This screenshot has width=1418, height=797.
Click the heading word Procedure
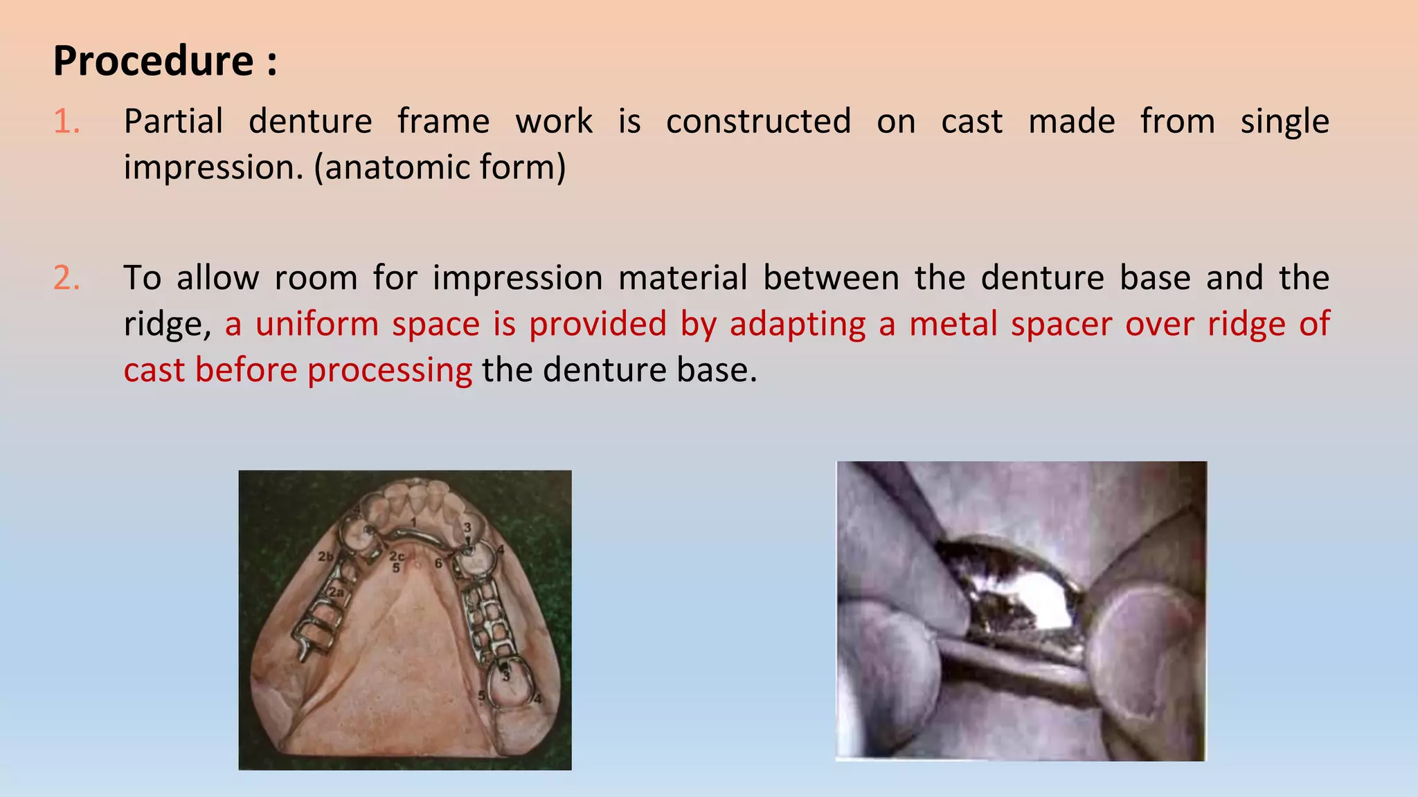154,61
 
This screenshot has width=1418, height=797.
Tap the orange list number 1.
66,122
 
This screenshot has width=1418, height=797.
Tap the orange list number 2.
66,278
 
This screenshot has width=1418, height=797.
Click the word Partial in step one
173,122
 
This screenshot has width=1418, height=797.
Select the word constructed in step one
758,122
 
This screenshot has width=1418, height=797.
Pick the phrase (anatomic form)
440,167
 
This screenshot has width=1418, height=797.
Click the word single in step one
1284,122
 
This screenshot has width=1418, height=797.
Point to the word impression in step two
518,278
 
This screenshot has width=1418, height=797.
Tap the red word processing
389,371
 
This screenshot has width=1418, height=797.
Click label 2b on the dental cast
325,556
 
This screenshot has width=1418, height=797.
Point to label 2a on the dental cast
336,592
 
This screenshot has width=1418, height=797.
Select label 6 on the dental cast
438,563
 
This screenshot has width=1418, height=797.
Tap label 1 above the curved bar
413,521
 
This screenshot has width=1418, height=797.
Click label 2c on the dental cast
397,556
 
